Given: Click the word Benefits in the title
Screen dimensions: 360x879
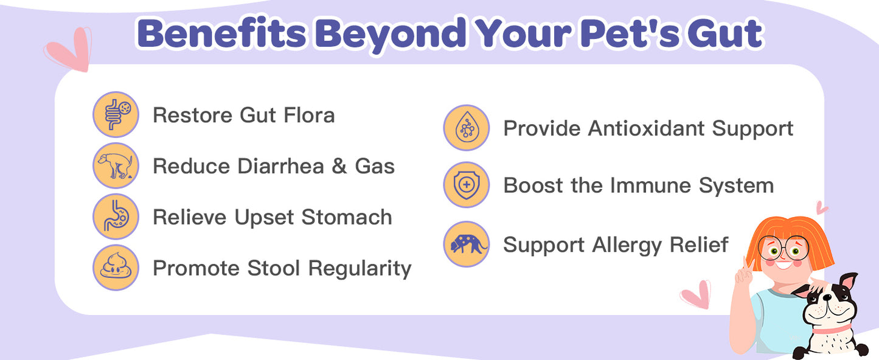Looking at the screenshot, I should (221, 34).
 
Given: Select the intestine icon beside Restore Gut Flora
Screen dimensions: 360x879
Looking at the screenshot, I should (116, 114).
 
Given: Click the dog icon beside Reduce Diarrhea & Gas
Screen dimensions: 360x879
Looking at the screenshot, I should (116, 165).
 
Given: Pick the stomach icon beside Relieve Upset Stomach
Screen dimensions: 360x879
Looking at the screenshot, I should (116, 216).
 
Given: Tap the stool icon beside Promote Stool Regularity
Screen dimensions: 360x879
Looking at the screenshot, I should (116, 268).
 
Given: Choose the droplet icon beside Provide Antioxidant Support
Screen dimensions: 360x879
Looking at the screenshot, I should (467, 128).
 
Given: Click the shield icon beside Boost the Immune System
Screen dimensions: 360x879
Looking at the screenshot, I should (467, 185).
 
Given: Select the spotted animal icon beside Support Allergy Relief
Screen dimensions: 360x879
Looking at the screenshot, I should (467, 244).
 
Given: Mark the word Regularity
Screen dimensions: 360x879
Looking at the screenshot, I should (360, 268).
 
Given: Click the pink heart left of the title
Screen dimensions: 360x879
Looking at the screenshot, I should (69, 48).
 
